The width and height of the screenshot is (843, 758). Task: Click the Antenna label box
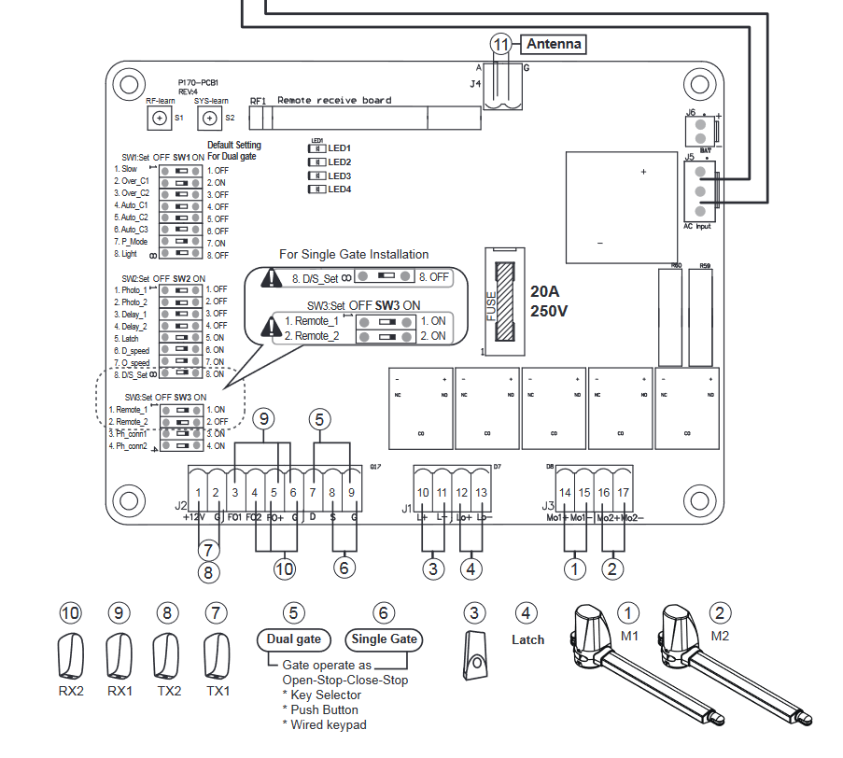554,44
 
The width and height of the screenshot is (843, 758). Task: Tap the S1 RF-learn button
160,118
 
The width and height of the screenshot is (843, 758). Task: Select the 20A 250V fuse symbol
504,302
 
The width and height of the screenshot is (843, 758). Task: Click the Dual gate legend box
293,639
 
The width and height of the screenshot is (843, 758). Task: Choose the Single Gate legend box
383,639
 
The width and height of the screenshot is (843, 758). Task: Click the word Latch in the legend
527,639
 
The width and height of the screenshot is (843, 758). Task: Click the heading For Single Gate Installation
354,254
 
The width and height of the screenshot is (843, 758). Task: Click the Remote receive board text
334,101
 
